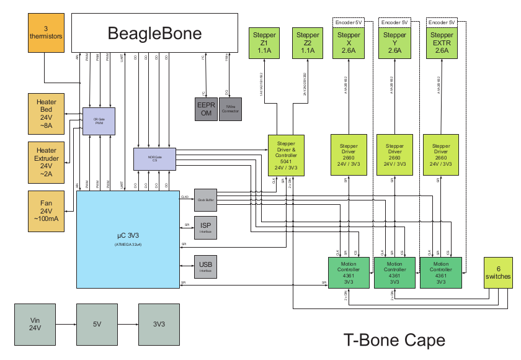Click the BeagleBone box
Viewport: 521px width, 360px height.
coord(154,33)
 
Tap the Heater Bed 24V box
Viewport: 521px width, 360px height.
coord(47,114)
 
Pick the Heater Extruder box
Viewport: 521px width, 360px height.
coord(47,162)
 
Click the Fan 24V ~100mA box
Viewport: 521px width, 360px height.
coord(47,211)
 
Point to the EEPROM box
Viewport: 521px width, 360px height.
coord(206,109)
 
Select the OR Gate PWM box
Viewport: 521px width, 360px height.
coord(99,121)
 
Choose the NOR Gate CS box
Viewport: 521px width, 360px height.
coord(155,158)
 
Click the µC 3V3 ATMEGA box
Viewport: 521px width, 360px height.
coord(128,239)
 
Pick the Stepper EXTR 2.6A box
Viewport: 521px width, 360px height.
coord(441,43)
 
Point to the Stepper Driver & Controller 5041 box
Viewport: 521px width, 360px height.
coord(286,155)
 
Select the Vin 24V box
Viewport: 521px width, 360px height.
coord(35,325)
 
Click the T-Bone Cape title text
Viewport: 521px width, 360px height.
coord(394,340)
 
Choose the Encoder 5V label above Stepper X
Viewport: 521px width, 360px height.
coord(349,22)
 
